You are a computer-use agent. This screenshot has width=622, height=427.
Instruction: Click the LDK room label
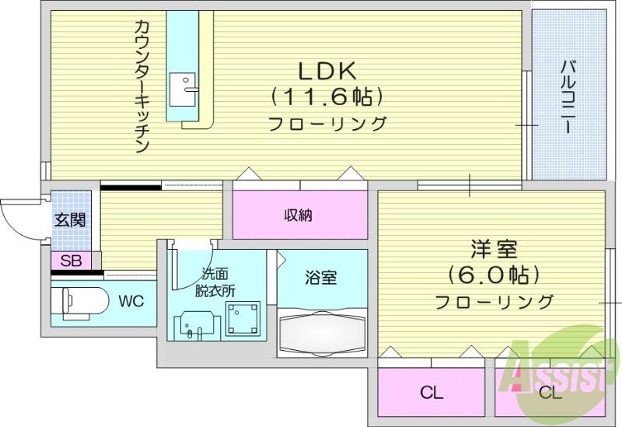click(327, 71)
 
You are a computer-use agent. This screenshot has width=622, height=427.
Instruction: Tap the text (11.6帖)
click(327, 96)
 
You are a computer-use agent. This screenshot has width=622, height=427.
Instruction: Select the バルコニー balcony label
click(568, 96)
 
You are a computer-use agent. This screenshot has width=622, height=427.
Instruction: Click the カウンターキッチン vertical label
click(142, 86)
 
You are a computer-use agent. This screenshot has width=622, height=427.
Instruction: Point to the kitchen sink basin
click(183, 89)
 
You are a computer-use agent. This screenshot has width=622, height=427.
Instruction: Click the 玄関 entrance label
click(70, 220)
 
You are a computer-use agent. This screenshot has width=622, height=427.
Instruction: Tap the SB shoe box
click(72, 261)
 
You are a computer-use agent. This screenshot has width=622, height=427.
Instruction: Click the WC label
click(131, 302)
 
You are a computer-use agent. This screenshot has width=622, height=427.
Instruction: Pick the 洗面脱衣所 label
click(215, 282)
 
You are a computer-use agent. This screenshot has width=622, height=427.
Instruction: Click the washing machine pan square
click(243, 318)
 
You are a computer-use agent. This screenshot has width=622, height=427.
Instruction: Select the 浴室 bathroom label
click(321, 278)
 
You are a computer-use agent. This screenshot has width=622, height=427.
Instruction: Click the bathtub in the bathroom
click(322, 334)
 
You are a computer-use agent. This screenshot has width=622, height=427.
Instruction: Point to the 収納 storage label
click(299, 215)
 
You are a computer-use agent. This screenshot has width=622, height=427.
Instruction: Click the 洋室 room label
click(494, 249)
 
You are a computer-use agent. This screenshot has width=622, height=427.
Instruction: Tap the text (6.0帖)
click(494, 275)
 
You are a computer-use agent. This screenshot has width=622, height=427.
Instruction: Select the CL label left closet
click(432, 393)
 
